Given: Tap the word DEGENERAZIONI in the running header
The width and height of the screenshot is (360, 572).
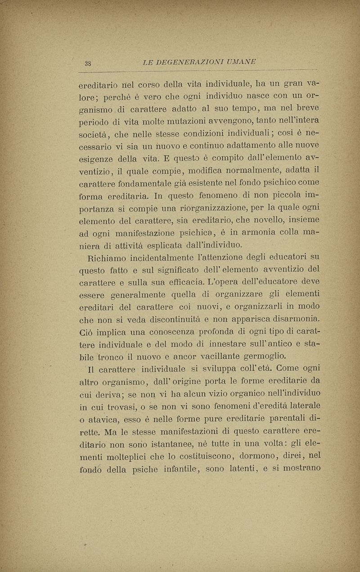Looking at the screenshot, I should coord(187,61).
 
